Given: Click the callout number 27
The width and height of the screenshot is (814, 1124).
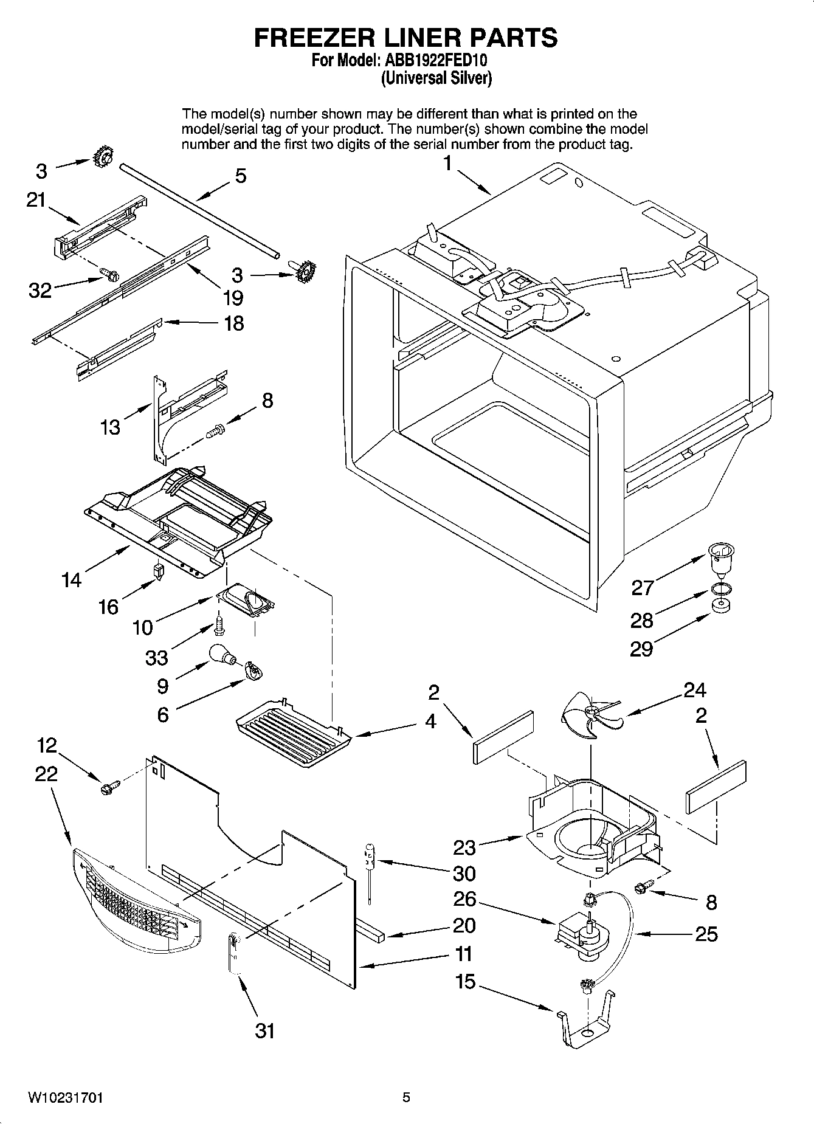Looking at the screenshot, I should coord(643,587).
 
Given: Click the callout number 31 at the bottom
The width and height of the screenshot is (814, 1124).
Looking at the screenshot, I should coord(264,1030).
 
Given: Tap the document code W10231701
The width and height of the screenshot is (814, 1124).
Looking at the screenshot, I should coord(65,1097).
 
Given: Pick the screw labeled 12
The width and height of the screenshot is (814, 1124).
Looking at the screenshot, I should coord(110,788).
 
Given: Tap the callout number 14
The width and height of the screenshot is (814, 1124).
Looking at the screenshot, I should coord(71,580).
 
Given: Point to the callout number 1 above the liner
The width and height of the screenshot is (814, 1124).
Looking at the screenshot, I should coord(447,164).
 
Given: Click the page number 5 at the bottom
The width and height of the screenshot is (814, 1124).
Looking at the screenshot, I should coord(406,1097).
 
